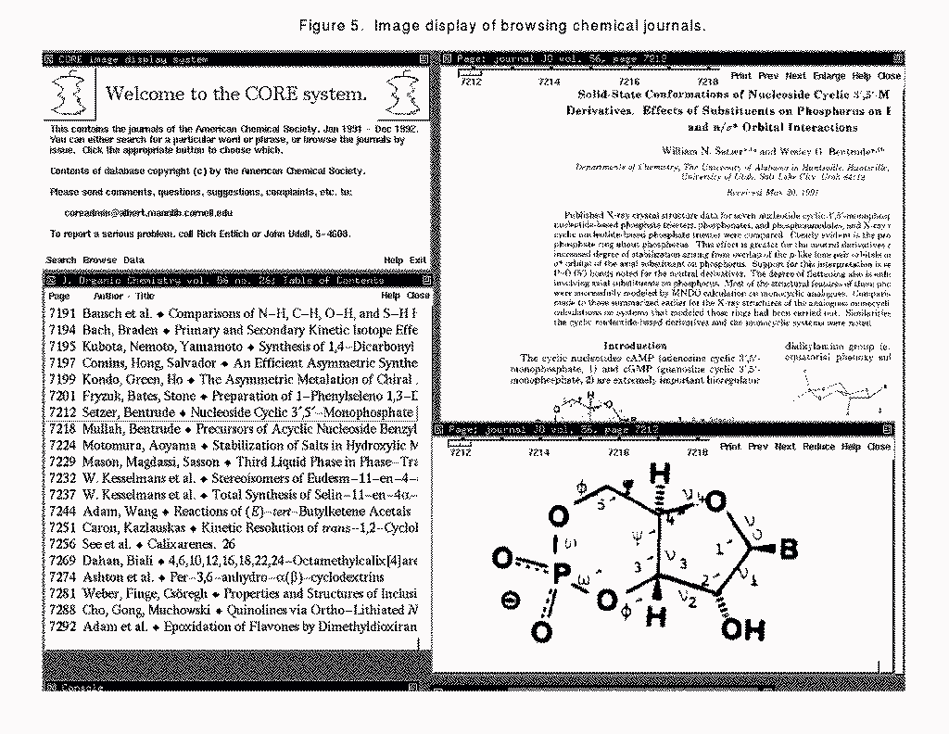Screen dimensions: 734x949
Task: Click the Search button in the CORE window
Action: point(61,260)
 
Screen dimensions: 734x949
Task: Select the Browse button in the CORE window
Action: point(99,260)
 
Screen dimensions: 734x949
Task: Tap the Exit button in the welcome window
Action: point(418,260)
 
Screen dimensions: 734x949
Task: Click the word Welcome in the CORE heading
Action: point(146,94)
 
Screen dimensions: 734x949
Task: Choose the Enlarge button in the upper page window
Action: point(829,76)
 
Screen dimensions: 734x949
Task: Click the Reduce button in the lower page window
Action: point(818,447)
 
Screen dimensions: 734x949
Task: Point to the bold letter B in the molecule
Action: point(788,550)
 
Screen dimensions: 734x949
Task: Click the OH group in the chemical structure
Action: point(744,630)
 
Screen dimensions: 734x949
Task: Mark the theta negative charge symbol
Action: point(510,601)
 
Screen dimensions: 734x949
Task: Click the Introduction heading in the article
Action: point(635,346)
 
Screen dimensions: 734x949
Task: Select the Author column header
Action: point(108,297)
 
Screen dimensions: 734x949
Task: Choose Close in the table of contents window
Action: point(418,297)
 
